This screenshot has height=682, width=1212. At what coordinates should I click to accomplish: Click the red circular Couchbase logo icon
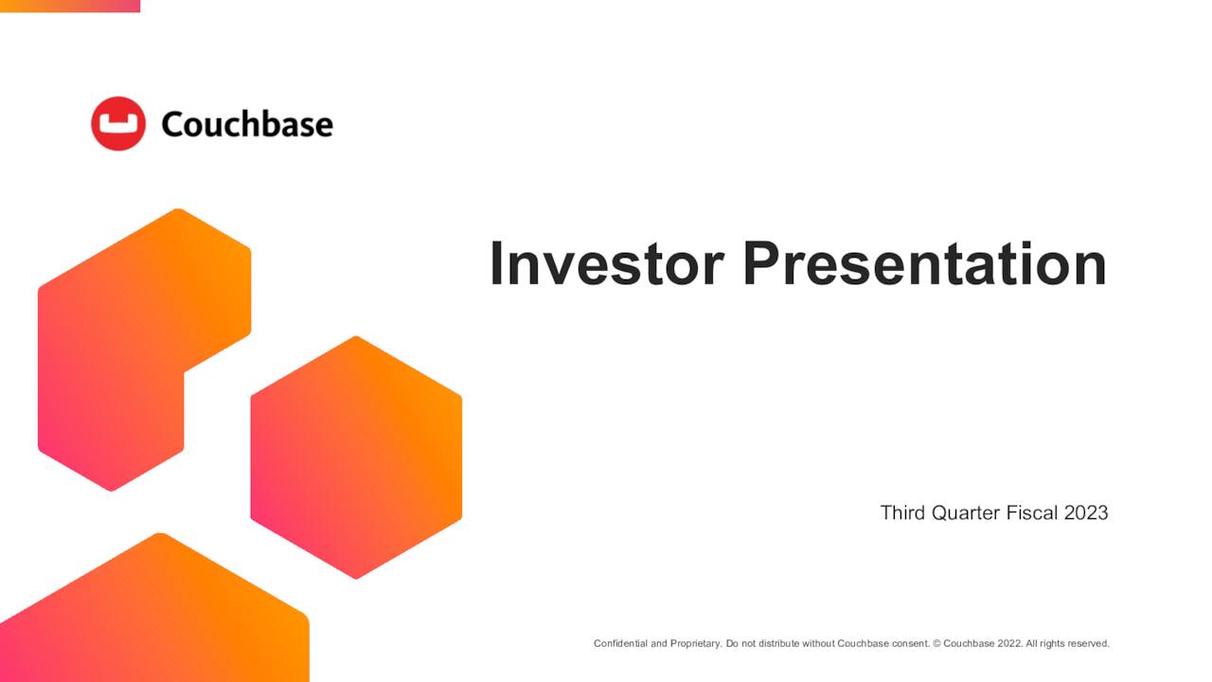pos(118,123)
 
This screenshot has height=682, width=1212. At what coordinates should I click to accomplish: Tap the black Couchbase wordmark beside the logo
pos(247,124)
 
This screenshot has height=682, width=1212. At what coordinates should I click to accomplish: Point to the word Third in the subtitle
pos(902,512)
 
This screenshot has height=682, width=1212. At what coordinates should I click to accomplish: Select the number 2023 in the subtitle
pos(1086,512)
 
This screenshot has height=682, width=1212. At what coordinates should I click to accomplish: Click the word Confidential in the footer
pos(620,644)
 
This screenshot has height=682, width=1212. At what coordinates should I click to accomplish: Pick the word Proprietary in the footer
pos(695,644)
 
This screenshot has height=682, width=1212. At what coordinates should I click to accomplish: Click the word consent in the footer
pos(910,644)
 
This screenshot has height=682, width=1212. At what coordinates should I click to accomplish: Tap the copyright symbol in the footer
pos(936,644)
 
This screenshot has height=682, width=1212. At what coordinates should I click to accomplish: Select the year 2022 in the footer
pos(1009,644)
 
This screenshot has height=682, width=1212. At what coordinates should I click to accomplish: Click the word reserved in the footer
pos(1088,644)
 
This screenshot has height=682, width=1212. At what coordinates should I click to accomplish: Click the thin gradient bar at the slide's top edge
pos(70,6)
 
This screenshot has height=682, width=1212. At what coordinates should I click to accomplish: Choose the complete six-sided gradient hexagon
pos(356,458)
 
